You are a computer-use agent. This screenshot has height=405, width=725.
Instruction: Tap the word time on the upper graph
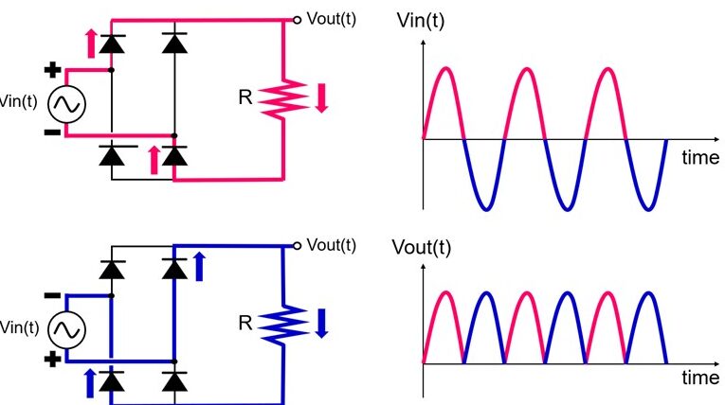click(x=700, y=158)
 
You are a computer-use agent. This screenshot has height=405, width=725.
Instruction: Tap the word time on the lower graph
click(x=700, y=378)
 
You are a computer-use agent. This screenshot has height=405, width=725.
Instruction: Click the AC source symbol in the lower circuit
click(x=65, y=330)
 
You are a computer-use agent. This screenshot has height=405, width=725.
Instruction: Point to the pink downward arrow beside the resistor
click(x=320, y=98)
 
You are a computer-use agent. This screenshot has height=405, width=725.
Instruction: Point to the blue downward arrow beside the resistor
click(x=320, y=323)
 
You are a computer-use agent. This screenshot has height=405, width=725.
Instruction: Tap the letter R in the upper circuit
click(x=245, y=97)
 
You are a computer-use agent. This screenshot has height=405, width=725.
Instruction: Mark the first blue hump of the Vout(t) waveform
click(x=485, y=295)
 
